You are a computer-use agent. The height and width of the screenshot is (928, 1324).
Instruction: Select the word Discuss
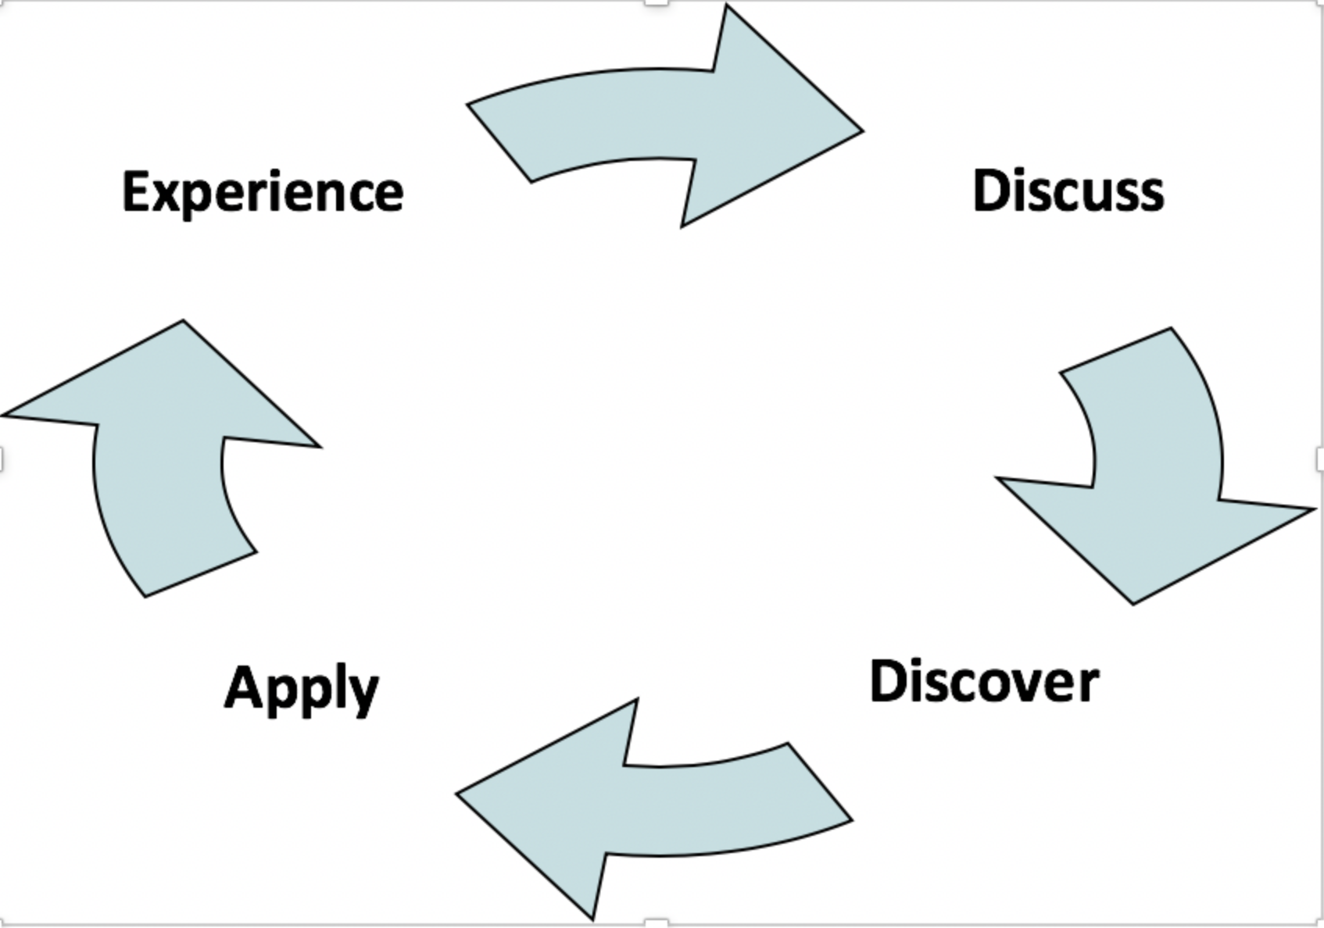tap(1068, 190)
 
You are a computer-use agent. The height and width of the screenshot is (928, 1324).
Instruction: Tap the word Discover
tap(985, 682)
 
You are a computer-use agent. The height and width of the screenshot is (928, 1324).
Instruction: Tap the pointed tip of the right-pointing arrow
tap(864, 131)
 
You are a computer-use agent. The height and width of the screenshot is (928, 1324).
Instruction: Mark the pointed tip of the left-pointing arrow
tap(456, 794)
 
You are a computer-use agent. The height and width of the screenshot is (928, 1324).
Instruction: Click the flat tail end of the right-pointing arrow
tap(499, 143)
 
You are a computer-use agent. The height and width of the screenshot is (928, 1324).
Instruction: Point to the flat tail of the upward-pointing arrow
tap(201, 575)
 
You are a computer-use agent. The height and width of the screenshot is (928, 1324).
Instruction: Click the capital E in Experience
tap(138, 190)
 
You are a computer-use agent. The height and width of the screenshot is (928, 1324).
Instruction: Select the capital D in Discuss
tap(992, 190)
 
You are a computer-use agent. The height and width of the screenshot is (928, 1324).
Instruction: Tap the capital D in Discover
tap(889, 681)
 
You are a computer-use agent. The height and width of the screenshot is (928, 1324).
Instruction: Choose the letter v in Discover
tap(1014, 687)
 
